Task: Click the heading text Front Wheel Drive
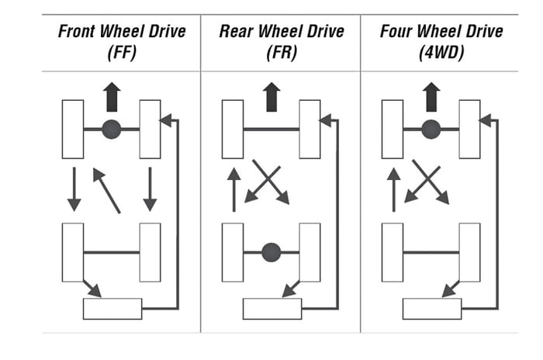pyautogui.click(x=122, y=32)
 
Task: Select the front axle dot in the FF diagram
pyautogui.click(x=112, y=129)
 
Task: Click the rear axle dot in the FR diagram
pyautogui.click(x=271, y=252)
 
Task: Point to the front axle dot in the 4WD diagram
pyautogui.click(x=431, y=129)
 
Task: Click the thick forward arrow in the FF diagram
pyautogui.click(x=112, y=98)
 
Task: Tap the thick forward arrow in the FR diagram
pyautogui.click(x=271, y=98)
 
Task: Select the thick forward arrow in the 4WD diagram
pyautogui.click(x=431, y=98)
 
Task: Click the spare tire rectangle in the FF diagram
pyautogui.click(x=112, y=308)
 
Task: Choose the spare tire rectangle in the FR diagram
pyautogui.click(x=271, y=308)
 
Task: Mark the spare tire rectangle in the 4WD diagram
pyautogui.click(x=431, y=308)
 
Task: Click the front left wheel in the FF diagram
pyautogui.click(x=73, y=129)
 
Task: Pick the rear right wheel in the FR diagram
pyautogui.click(x=310, y=252)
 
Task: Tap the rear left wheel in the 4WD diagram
pyautogui.click(x=393, y=252)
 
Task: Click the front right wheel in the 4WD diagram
pyautogui.click(x=469, y=129)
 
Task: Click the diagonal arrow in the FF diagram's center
pyautogui.click(x=107, y=190)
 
